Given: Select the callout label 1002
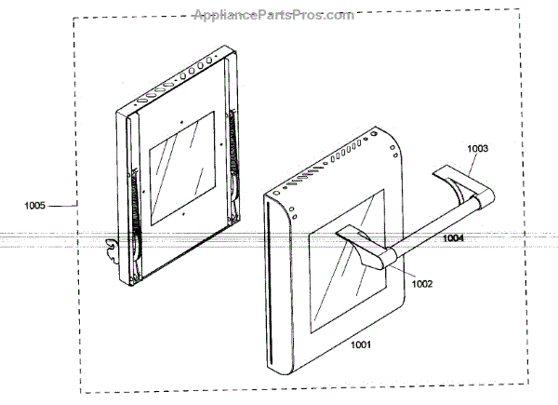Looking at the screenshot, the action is click(x=422, y=285).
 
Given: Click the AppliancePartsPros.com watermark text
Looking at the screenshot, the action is click(x=273, y=15).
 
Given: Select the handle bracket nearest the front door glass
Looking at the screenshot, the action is click(x=358, y=245).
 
